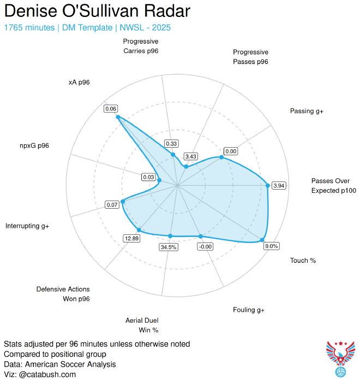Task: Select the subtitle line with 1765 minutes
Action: coord(91,27)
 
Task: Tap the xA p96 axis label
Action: coord(79,82)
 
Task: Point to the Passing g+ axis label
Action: coord(307,111)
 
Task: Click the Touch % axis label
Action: coord(303,260)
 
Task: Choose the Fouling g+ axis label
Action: coord(248,310)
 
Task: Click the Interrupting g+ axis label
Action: coord(27,226)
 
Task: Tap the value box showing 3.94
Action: coord(279,186)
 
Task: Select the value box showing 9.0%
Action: coord(271,246)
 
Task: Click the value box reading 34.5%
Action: coord(169,247)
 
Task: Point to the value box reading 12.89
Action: coord(132,238)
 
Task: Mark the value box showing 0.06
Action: coord(111,109)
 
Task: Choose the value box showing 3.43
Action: coord(191,156)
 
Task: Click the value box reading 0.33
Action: coord(171,144)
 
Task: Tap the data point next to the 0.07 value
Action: coord(123,202)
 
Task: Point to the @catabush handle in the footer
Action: coord(47,374)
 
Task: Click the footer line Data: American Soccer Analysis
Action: coord(59,364)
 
